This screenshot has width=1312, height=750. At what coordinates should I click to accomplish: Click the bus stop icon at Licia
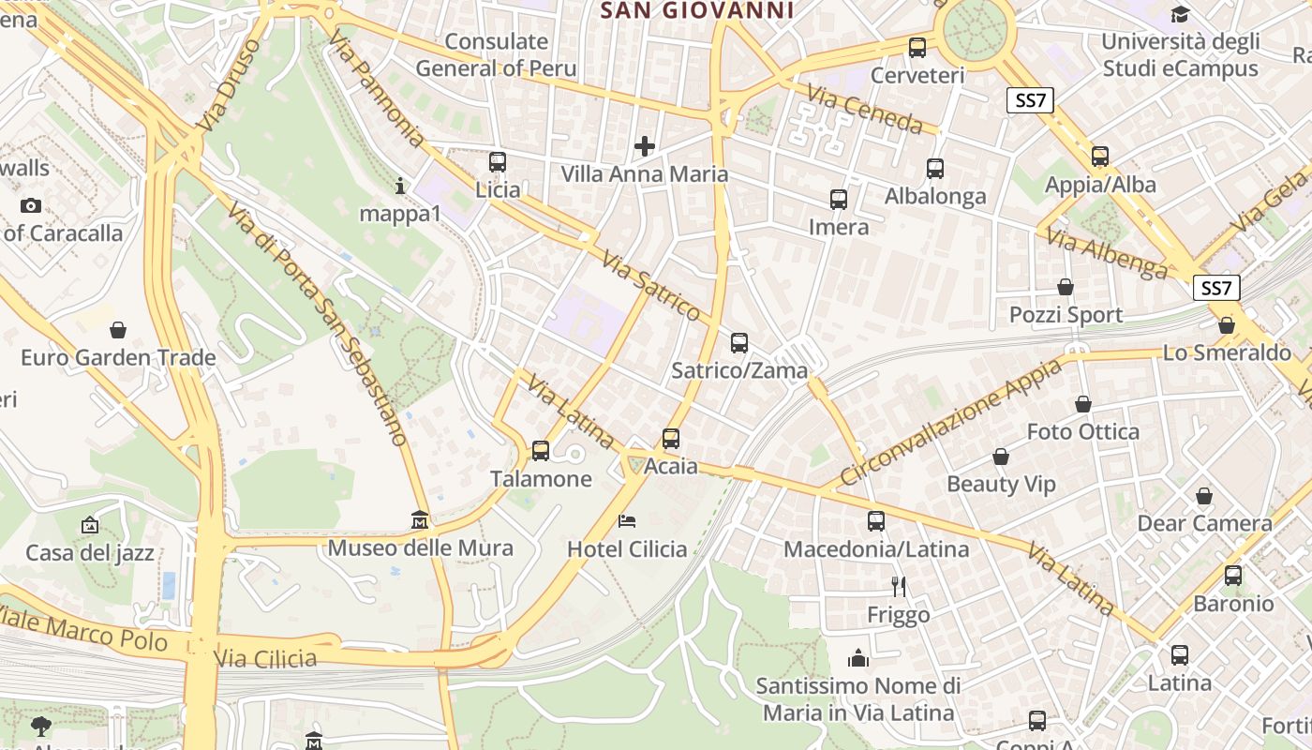click(498, 161)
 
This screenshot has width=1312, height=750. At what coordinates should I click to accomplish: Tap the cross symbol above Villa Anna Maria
click(644, 145)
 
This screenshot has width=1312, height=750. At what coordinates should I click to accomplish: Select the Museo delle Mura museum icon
click(420, 520)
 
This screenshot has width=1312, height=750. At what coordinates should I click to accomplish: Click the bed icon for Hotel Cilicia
click(627, 520)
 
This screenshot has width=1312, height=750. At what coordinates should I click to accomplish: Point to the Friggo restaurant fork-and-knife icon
click(899, 587)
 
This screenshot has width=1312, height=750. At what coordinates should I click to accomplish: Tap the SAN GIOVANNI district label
click(696, 10)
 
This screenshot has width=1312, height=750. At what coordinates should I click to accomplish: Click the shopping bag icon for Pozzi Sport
click(1065, 287)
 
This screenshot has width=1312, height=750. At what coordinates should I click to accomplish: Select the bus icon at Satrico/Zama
click(739, 342)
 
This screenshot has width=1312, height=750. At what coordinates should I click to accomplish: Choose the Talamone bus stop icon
click(541, 451)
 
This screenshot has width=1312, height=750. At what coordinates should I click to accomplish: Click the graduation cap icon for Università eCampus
click(1180, 14)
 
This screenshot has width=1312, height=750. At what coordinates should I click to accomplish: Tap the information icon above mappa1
click(400, 186)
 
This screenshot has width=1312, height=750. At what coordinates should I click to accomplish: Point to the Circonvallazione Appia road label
click(950, 423)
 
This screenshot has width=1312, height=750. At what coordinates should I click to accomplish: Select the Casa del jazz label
click(90, 552)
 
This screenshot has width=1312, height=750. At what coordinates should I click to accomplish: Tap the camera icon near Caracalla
click(30, 205)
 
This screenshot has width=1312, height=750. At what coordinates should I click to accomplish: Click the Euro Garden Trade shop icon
click(118, 330)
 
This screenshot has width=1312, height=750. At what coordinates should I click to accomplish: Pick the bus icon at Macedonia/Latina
click(876, 520)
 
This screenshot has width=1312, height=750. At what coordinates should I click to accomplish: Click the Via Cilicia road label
click(266, 658)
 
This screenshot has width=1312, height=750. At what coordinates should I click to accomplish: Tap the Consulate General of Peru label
click(496, 54)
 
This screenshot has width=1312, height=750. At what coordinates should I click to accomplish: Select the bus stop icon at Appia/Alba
click(1100, 157)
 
